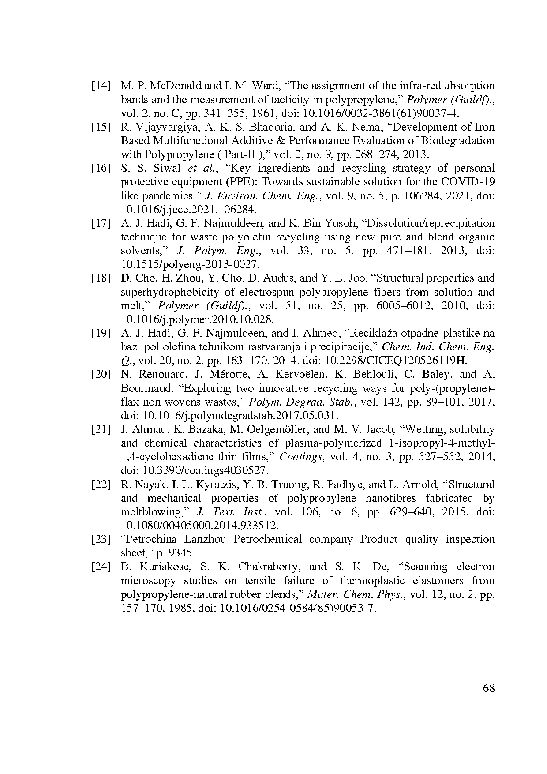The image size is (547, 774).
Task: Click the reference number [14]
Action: pyautogui.click(x=101, y=86)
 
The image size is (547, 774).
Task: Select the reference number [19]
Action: pyautogui.click(x=101, y=333)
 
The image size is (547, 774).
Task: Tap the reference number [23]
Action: pyautogui.click(x=101, y=539)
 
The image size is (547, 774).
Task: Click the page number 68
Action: pyautogui.click(x=489, y=688)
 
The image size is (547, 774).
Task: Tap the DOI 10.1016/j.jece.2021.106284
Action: pyautogui.click(x=188, y=209)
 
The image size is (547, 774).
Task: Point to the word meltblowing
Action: pyautogui.click(x=154, y=512)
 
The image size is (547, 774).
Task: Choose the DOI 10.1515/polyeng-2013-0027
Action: pyautogui.click(x=189, y=264)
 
